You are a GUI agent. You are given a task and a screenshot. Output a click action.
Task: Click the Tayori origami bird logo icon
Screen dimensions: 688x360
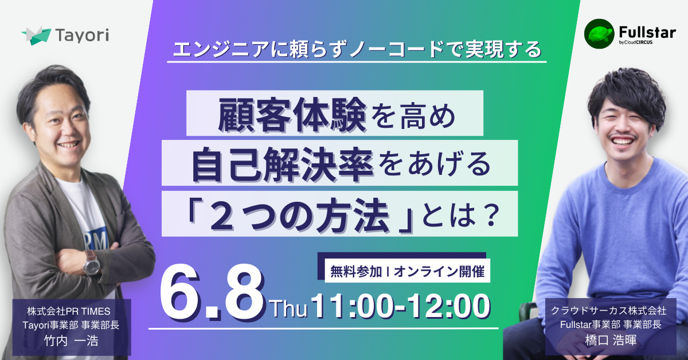click(x=36, y=36)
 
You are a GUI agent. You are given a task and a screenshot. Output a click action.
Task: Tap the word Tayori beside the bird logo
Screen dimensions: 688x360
click(x=83, y=36)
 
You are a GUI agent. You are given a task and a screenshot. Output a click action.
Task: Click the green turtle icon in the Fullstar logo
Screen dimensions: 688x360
click(x=599, y=34)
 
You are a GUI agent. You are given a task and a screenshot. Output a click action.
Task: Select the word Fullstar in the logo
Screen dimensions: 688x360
click(x=647, y=32)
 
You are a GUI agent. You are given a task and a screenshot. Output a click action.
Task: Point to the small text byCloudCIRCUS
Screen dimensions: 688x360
click(x=635, y=42)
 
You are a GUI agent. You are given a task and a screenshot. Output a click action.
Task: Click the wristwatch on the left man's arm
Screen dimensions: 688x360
click(x=92, y=263)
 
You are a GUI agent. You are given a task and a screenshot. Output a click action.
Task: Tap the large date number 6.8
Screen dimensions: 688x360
click(x=212, y=295)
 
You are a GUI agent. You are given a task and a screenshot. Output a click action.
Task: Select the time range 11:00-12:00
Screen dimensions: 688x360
click(x=401, y=306)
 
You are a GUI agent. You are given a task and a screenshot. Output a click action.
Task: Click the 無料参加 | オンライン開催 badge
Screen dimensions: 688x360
click(x=407, y=272)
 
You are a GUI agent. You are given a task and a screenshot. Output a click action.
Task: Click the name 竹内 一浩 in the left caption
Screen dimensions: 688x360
click(x=71, y=341)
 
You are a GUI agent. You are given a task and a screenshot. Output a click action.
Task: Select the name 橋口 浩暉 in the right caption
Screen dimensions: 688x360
click(x=611, y=340)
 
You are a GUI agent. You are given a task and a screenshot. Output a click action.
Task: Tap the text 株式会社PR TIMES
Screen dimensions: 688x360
click(x=69, y=311)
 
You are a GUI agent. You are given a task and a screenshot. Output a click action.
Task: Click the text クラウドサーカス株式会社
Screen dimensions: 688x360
click(x=608, y=311)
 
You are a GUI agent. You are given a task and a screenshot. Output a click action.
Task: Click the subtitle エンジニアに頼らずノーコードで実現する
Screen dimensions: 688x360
click(x=357, y=49)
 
